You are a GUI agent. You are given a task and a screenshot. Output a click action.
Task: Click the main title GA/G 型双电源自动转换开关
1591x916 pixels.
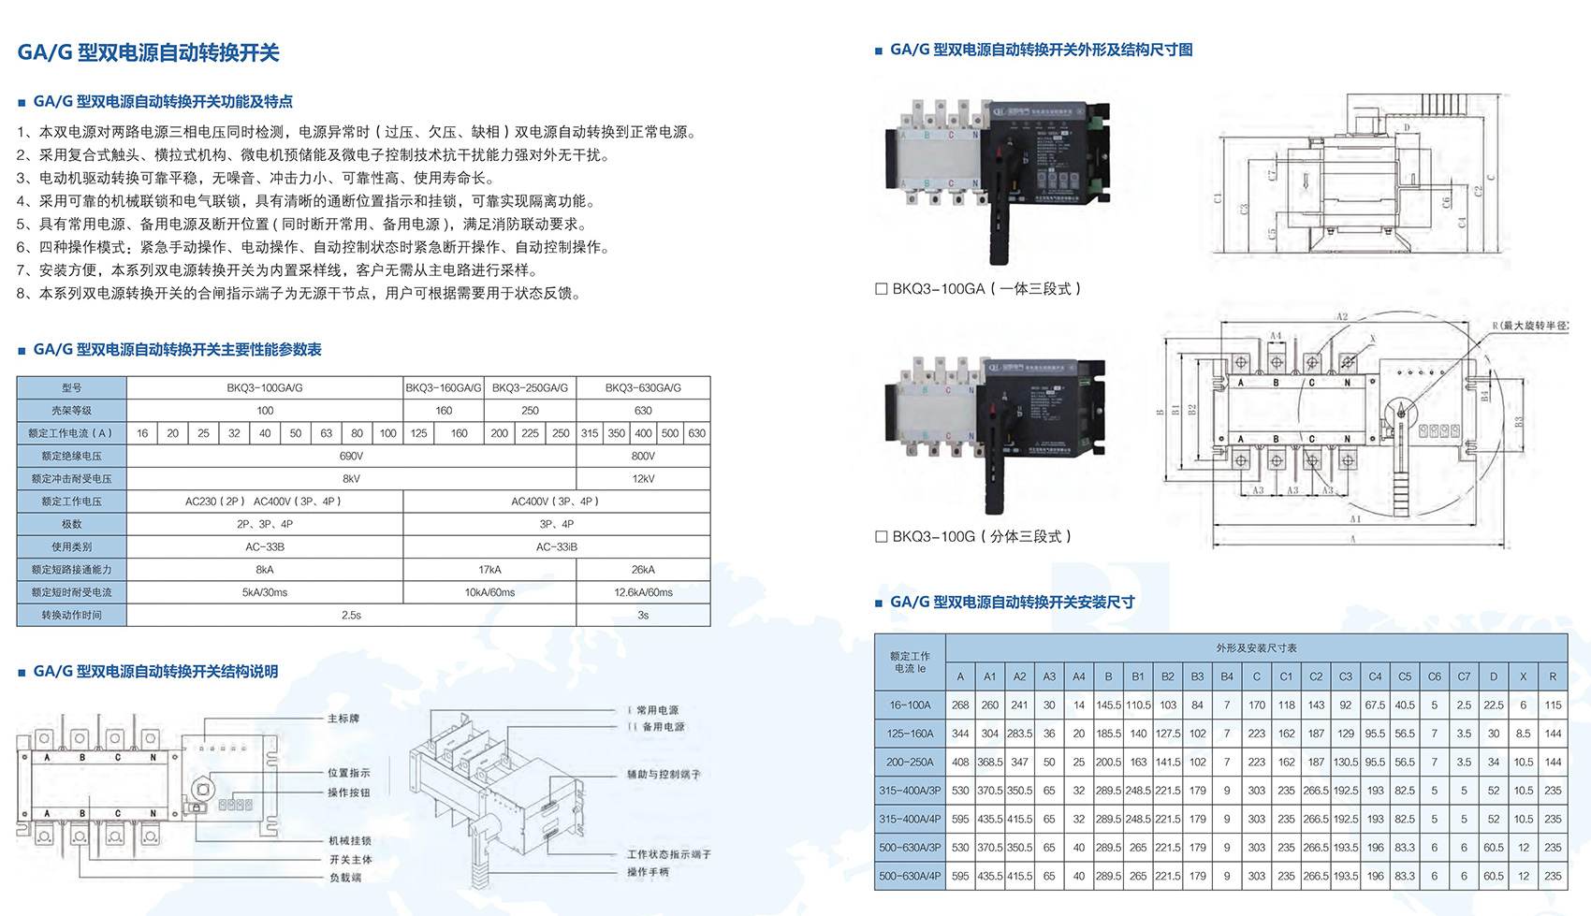tap(148, 52)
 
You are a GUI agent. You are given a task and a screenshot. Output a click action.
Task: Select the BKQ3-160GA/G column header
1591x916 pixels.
tap(444, 387)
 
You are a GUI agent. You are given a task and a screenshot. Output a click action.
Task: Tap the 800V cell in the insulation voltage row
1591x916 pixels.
tap(643, 456)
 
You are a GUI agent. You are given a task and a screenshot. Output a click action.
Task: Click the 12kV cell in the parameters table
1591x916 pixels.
tap(643, 478)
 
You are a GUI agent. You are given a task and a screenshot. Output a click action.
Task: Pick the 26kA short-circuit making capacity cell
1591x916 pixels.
tap(643, 569)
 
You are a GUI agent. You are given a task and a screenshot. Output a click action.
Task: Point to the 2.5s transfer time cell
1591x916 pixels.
tap(351, 615)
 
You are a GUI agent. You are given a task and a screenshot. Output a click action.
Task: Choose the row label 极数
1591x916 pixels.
tap(71, 524)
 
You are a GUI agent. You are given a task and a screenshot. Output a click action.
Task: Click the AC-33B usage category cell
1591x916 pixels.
tap(265, 546)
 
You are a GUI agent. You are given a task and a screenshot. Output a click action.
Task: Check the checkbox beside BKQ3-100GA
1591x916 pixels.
tap(881, 289)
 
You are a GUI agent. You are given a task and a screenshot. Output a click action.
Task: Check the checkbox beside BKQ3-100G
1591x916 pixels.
tap(881, 536)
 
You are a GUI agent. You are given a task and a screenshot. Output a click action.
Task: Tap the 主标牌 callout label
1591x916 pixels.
tap(343, 719)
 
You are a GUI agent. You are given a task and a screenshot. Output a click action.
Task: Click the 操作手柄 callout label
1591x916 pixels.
tap(649, 872)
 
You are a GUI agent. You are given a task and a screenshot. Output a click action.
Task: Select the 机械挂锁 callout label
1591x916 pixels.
tap(349, 840)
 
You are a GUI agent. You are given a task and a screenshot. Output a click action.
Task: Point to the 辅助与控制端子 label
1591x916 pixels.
tap(663, 775)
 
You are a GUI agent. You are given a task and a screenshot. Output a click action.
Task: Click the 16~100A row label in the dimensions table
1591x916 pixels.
tap(910, 705)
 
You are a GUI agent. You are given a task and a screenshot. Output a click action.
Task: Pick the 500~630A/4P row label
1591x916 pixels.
tap(910, 876)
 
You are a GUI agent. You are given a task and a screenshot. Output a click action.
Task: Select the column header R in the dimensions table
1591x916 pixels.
tap(1553, 676)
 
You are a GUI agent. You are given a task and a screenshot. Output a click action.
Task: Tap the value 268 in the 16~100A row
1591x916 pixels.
tap(960, 705)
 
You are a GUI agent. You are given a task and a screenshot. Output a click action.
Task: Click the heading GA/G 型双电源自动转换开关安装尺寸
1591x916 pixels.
tap(1012, 602)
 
